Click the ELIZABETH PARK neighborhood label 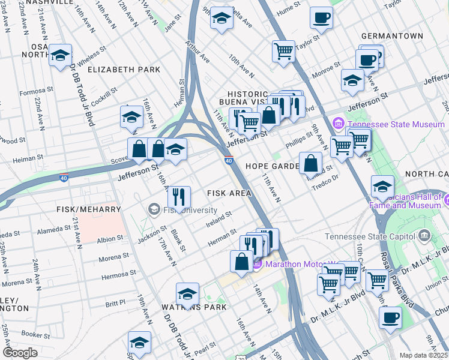pyautogui.click(x=124, y=70)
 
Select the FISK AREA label pyautogui.click(x=229, y=193)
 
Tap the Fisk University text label pyautogui.click(x=191, y=210)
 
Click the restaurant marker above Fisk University pyautogui.click(x=179, y=196)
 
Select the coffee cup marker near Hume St pyautogui.click(x=321, y=17)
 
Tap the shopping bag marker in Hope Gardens pyautogui.click(x=310, y=163)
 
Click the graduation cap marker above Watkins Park pyautogui.click(x=187, y=293)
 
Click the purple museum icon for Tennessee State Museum pyautogui.click(x=338, y=124)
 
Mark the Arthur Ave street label pyautogui.click(x=198, y=52)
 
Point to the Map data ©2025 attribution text pyautogui.click(x=423, y=355)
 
